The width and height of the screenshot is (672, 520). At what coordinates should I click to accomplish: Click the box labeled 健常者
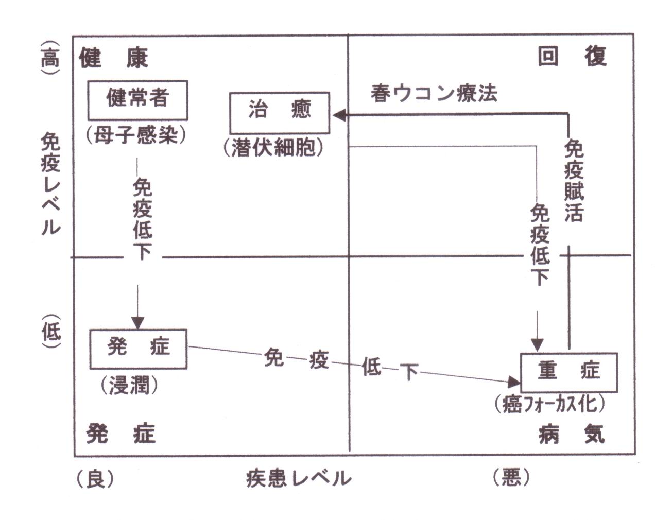tap(137, 100)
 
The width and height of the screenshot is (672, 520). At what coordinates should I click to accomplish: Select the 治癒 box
tap(279, 113)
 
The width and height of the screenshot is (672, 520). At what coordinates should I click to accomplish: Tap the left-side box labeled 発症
tap(138, 349)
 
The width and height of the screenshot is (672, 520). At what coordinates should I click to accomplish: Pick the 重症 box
tap(568, 372)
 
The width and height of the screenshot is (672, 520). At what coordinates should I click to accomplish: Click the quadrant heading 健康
tap(113, 58)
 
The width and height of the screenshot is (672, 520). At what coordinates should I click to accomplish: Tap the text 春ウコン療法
tap(434, 93)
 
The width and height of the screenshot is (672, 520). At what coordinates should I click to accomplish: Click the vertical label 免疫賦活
tap(574, 180)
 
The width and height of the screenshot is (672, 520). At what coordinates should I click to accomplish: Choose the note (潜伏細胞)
tap(273, 148)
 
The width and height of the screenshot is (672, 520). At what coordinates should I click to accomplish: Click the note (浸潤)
tap(129, 385)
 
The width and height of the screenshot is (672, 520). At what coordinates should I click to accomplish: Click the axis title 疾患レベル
tap(298, 479)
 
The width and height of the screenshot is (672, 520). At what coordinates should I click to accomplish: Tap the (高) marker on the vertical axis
tap(50, 58)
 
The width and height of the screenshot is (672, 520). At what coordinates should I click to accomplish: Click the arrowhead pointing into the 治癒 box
tap(339, 115)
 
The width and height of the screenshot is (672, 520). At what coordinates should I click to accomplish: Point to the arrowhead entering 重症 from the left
tap(514, 382)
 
